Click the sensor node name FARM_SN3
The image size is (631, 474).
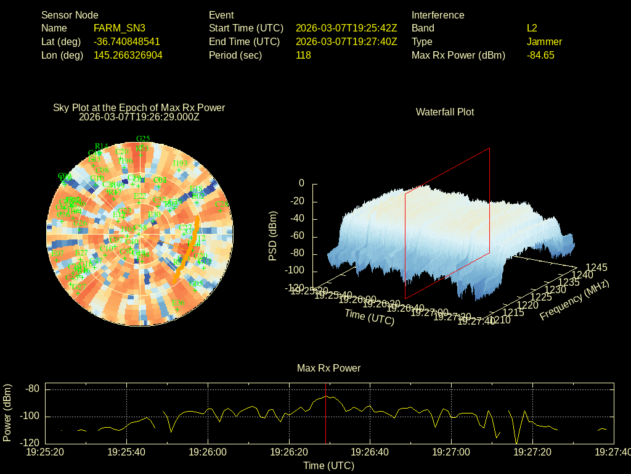click(x=120, y=28)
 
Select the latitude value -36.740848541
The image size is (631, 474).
click(x=127, y=41)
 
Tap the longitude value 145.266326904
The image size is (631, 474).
click(x=128, y=55)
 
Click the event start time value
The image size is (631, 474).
click(x=346, y=28)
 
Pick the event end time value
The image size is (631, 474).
click(x=346, y=41)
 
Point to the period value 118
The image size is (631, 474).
click(x=303, y=55)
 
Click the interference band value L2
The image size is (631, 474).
click(x=532, y=28)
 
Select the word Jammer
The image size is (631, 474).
click(x=544, y=41)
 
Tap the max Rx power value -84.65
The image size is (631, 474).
click(x=540, y=55)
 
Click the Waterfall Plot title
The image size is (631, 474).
click(x=445, y=112)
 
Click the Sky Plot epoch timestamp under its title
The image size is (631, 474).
click(x=139, y=117)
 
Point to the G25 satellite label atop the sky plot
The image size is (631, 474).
click(x=143, y=138)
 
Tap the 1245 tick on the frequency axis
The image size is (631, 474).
click(x=596, y=267)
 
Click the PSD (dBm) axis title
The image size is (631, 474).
click(x=273, y=236)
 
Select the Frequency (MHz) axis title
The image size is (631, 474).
click(x=574, y=300)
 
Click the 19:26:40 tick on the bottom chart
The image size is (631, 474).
click(x=370, y=452)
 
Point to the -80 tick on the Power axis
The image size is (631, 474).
click(x=33, y=389)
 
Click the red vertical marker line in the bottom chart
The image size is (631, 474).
click(x=326, y=420)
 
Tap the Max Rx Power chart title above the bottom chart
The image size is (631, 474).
click(x=328, y=368)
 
